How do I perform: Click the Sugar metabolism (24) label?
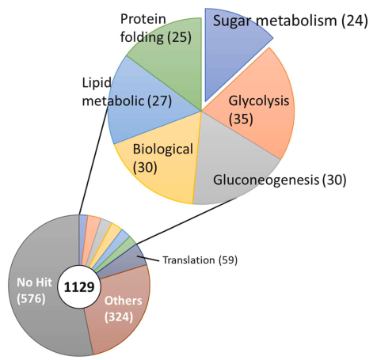pyautogui.click(x=290, y=21)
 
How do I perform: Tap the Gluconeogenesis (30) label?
pyautogui.click(x=280, y=180)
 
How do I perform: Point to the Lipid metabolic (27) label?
pyautogui.click(x=127, y=92)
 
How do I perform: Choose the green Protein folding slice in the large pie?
pyautogui.click(x=172, y=61)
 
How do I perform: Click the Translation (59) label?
pyautogui.click(x=200, y=260)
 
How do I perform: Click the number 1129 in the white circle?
pyautogui.click(x=79, y=287)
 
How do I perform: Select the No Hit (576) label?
pyautogui.click(x=34, y=290)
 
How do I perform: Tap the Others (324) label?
pyautogui.click(x=123, y=309)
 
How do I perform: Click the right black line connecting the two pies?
pyautogui.click(x=185, y=222)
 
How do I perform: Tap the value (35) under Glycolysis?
pyautogui.click(x=241, y=119)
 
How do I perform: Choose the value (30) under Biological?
pyautogui.click(x=145, y=167)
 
